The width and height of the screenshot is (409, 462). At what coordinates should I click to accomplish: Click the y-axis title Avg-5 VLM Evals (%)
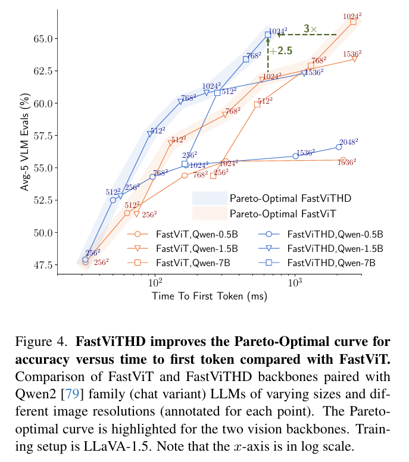pos(24,142)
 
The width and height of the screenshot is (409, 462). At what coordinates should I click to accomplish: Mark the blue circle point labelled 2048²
pos(339,146)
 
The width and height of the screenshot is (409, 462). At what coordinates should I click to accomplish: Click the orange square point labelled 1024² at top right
pos(353,21)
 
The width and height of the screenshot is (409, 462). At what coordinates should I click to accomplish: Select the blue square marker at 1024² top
pos(268,35)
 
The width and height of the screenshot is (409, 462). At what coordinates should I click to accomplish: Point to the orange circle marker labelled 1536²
pos(343,160)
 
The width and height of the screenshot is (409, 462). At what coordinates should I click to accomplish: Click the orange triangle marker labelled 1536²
pos(354,59)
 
